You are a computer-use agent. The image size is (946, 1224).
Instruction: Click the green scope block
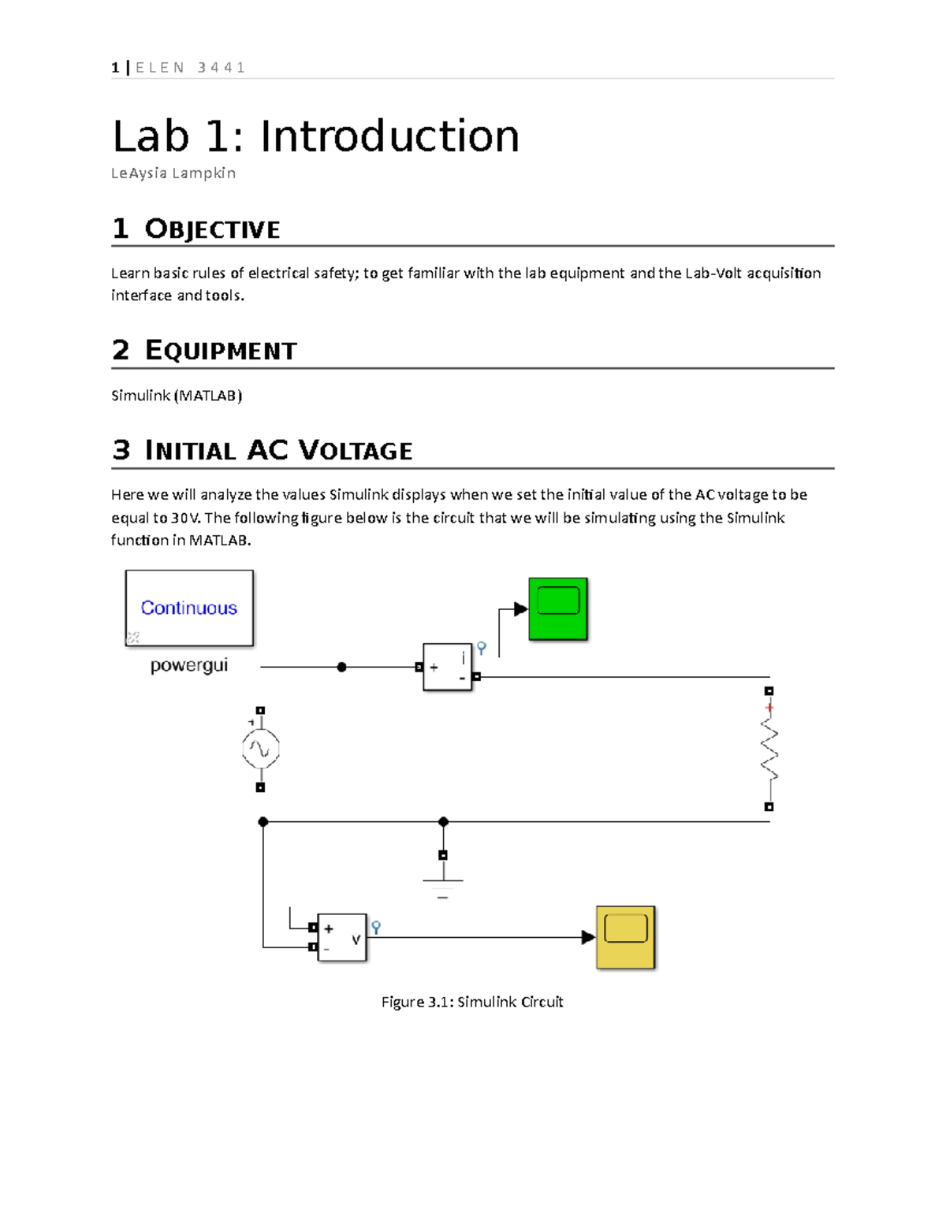pyautogui.click(x=558, y=609)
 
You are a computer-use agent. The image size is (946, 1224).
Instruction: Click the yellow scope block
pyautogui.click(x=625, y=937)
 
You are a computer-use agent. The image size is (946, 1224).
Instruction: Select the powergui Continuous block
pyautogui.click(x=189, y=608)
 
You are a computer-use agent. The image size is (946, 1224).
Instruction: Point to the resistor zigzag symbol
pyautogui.click(x=769, y=750)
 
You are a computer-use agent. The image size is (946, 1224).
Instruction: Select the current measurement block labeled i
pyautogui.click(x=447, y=667)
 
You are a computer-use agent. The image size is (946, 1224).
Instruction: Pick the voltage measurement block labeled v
pyautogui.click(x=342, y=937)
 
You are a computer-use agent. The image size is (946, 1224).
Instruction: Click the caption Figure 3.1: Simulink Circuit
pyautogui.click(x=472, y=1002)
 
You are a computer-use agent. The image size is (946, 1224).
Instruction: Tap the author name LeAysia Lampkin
pyautogui.click(x=173, y=173)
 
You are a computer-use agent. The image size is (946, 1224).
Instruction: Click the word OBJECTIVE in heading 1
pyautogui.click(x=212, y=230)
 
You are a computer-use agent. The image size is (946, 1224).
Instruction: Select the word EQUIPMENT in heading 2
pyautogui.click(x=221, y=351)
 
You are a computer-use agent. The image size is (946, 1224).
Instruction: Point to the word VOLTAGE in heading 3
pyautogui.click(x=356, y=450)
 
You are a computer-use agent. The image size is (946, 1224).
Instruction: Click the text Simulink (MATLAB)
pyautogui.click(x=177, y=396)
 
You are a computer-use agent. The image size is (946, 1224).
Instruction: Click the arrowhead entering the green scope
pyautogui.click(x=521, y=609)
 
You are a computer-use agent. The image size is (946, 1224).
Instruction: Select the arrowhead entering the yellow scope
pyautogui.click(x=589, y=937)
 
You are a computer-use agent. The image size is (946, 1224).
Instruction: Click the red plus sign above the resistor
pyautogui.click(x=769, y=708)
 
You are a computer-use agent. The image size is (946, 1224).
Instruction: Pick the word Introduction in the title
pyautogui.click(x=389, y=136)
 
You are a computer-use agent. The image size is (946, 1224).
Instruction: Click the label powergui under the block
pyautogui.click(x=189, y=666)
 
